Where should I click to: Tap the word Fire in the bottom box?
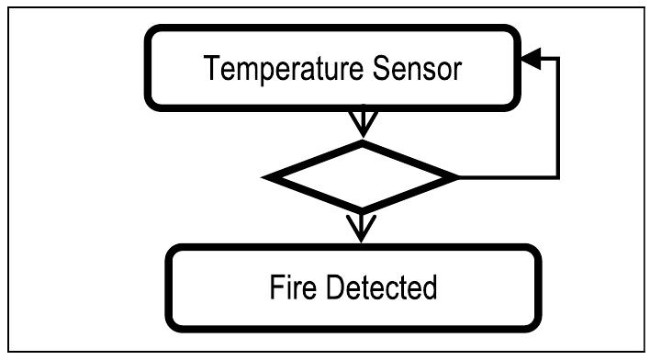coord(293,287)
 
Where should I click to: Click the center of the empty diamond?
coord(361,175)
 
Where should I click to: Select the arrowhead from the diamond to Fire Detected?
coord(361,226)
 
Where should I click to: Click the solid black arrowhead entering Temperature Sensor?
coord(530,60)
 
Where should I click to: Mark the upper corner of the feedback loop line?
coord(558,60)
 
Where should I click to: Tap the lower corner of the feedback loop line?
coord(558,175)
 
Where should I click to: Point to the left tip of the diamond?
coord(266,175)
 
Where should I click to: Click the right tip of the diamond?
coord(455,175)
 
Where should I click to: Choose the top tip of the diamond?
coord(361,142)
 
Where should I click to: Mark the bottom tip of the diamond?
coord(361,209)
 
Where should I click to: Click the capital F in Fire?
coord(275,287)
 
